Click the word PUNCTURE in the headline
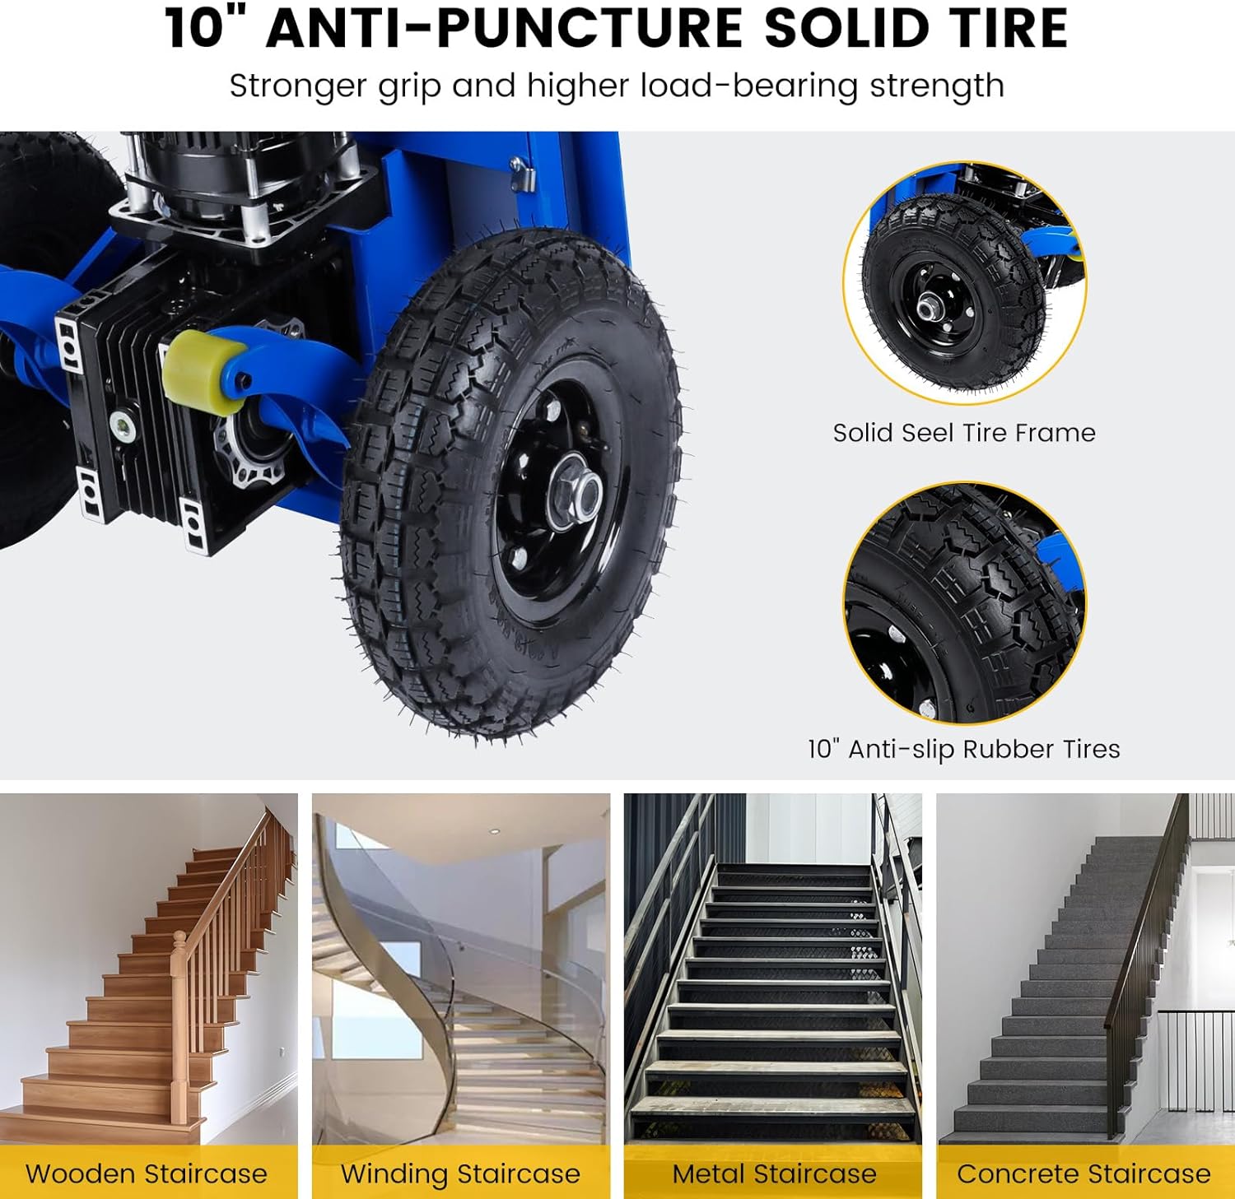(586, 28)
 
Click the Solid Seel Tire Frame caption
(963, 433)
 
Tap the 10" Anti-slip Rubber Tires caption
(963, 749)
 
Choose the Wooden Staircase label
(147, 1173)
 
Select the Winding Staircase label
(460, 1173)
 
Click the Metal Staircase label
(774, 1173)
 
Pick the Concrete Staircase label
(1084, 1173)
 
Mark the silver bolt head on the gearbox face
(124, 425)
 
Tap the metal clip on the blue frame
(522, 174)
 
